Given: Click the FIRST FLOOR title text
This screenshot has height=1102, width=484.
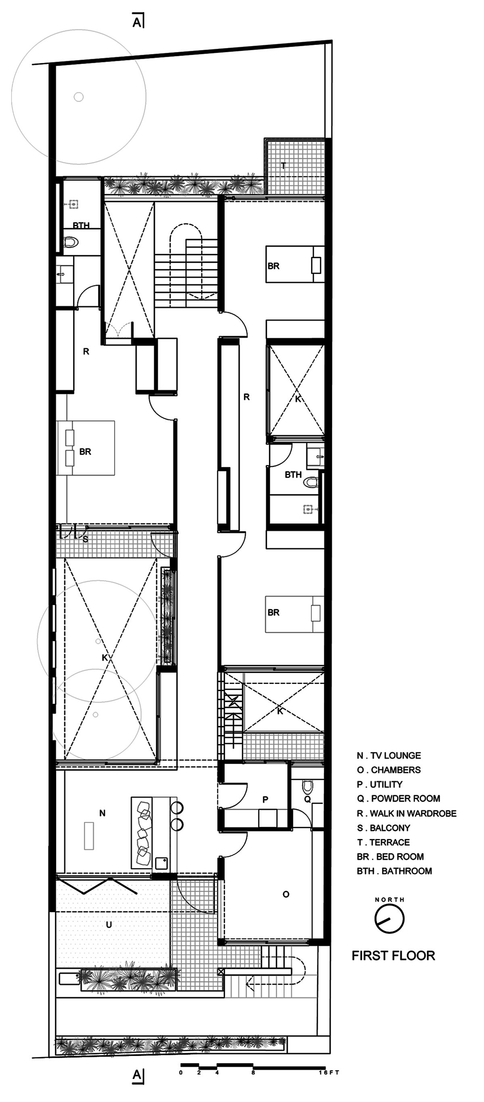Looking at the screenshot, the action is (393, 955).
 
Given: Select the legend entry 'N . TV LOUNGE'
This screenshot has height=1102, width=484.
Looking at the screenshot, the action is (389, 756).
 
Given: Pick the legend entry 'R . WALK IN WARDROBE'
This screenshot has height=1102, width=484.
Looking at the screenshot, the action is (407, 813).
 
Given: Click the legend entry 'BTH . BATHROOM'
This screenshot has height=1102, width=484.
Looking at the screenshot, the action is (394, 871).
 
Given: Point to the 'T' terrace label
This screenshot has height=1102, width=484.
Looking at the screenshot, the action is (283, 166).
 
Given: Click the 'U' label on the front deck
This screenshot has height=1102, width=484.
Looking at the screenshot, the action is (108, 925).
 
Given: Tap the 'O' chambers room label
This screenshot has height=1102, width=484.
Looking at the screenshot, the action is (286, 894).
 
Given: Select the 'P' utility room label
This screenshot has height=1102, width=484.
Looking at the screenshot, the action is (265, 800).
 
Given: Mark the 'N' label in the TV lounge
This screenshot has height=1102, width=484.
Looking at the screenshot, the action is (102, 813).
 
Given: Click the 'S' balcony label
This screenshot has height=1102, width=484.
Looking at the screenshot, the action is (85, 540).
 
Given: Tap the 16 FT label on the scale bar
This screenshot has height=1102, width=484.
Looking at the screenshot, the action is (329, 1073).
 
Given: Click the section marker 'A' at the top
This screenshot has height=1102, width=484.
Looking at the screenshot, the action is (138, 22).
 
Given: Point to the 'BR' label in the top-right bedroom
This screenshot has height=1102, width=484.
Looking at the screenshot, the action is (273, 266).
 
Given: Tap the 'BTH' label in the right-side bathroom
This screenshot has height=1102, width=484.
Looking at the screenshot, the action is (293, 475).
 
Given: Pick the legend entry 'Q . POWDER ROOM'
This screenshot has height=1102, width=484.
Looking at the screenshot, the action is (399, 799).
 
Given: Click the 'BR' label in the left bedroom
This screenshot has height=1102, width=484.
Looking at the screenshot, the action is (85, 452).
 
